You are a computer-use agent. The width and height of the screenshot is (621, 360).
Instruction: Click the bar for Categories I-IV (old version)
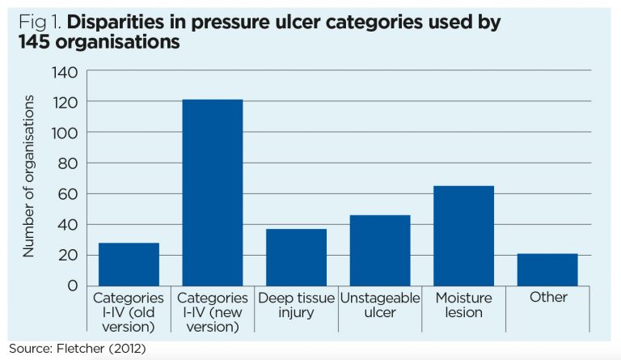[129, 264]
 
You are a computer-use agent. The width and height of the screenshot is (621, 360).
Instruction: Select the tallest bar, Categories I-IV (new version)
[213, 193]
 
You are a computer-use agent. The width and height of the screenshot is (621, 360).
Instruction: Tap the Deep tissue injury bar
[297, 257]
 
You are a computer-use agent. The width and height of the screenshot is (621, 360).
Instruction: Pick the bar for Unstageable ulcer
[380, 250]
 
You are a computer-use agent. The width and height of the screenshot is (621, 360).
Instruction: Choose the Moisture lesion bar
[464, 235]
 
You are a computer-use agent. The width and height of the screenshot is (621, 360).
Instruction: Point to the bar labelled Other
[548, 269]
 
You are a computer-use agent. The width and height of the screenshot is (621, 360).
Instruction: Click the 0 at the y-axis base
[71, 286]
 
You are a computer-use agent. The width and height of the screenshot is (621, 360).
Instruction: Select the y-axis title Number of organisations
[28, 176]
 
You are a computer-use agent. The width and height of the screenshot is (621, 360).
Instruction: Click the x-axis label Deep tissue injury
[297, 305]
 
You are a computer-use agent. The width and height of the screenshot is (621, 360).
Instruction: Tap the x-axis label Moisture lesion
[464, 305]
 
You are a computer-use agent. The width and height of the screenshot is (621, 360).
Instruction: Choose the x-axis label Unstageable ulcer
[380, 305]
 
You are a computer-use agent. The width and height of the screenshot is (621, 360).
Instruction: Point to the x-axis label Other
[548, 298]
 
